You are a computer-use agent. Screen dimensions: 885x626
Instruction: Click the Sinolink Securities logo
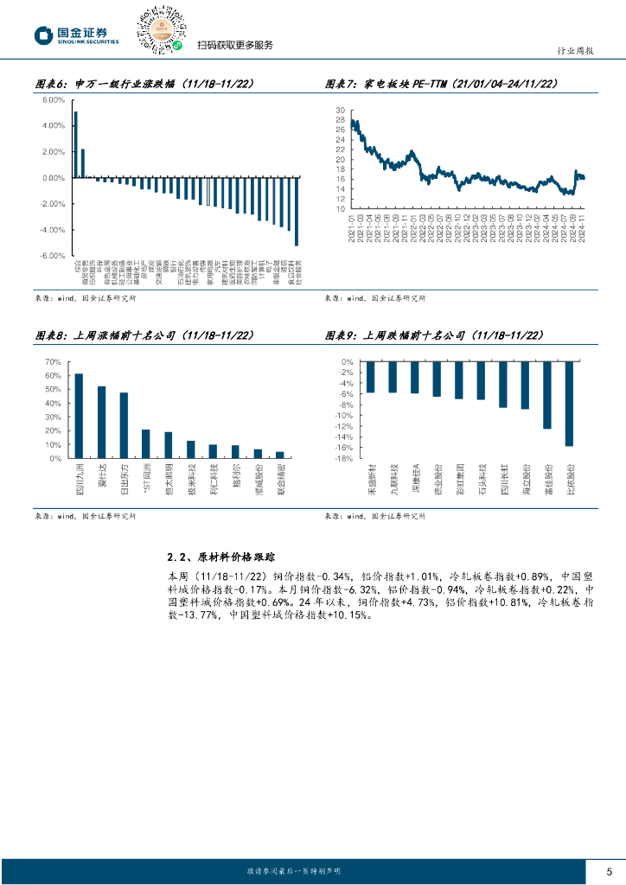tap(77, 35)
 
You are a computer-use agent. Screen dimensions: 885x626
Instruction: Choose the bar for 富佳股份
tap(547, 395)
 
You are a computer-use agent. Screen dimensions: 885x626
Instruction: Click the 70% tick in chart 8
tap(52, 361)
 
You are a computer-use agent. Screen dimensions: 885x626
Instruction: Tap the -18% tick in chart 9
tap(344, 459)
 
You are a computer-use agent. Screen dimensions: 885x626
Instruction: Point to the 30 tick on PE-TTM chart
tap(341, 111)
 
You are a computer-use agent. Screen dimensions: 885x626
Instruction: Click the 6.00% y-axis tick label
tap(53, 100)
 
